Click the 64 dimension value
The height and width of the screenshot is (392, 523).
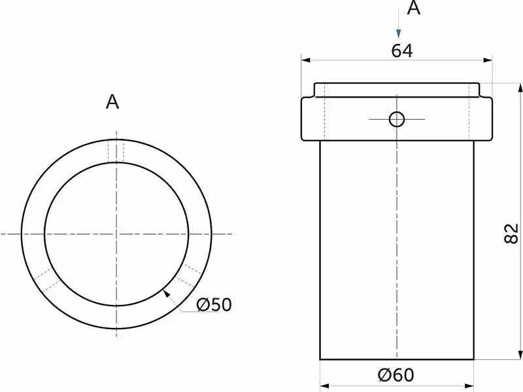click(402, 51)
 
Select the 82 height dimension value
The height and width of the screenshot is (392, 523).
click(511, 234)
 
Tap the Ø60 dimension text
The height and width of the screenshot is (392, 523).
click(396, 374)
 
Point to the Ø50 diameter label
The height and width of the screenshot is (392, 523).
click(214, 304)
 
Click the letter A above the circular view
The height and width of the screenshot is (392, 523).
click(112, 101)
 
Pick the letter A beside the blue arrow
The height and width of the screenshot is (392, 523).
click(414, 8)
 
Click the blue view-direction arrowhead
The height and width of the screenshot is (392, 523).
click(398, 33)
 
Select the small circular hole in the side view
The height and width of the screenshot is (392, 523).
click(397, 119)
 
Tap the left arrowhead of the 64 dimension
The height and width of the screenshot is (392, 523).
click(305, 60)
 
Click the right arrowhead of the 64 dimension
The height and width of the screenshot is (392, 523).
click(488, 60)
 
